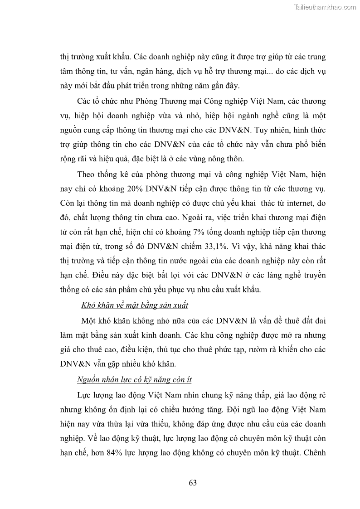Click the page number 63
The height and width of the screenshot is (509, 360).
(193, 483)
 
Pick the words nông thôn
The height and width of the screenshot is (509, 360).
(230, 159)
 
